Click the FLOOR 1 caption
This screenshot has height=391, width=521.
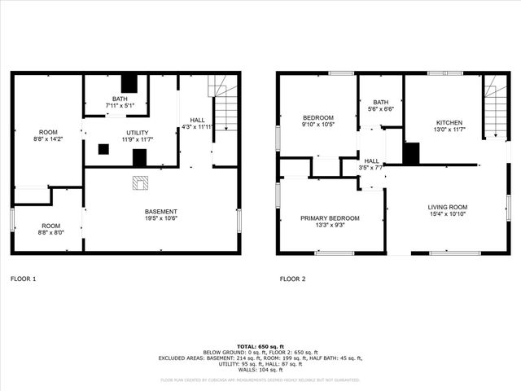point(23,279)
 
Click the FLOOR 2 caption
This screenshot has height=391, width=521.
point(292,279)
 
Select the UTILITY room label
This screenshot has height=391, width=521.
point(137,132)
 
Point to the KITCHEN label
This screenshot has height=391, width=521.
point(449,122)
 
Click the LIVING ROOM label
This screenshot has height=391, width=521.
point(448,207)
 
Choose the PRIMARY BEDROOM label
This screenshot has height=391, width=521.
point(330,218)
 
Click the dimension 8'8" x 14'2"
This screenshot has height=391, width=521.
point(49,139)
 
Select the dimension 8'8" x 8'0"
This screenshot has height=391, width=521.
point(49,232)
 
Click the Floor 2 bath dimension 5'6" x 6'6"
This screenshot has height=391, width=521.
point(381,108)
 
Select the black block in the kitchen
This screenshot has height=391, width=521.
point(411,153)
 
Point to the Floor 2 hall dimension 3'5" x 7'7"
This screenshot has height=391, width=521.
point(372,169)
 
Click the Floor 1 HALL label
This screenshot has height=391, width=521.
point(197,120)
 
